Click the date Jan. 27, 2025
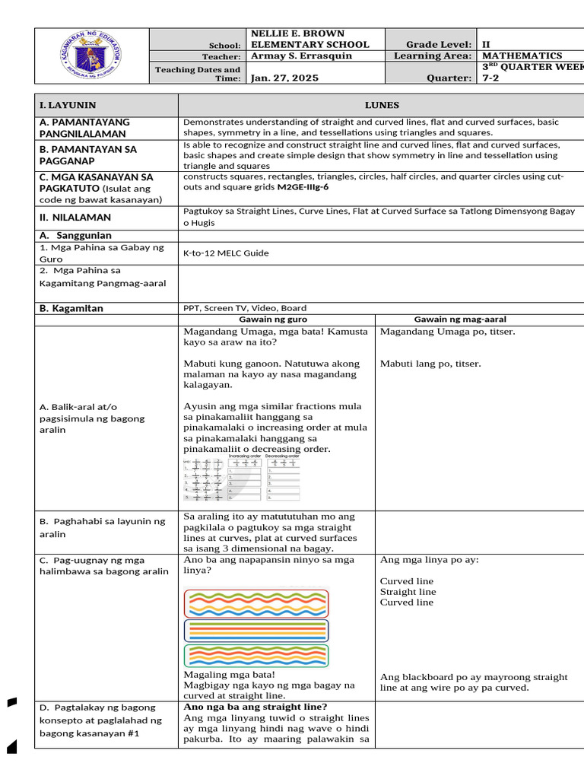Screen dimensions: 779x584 (x=285, y=78)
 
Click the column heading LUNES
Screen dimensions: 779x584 (x=381, y=105)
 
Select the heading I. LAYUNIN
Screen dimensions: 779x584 (x=68, y=105)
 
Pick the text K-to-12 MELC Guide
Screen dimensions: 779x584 (x=226, y=253)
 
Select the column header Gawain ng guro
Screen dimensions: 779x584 (x=277, y=320)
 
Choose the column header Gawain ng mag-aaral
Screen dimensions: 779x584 (x=460, y=320)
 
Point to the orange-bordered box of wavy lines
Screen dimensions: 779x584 (x=256, y=655)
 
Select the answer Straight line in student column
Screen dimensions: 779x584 (x=408, y=591)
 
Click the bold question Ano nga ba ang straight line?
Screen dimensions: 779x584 (x=255, y=707)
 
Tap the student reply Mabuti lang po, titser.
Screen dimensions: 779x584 (x=430, y=364)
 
